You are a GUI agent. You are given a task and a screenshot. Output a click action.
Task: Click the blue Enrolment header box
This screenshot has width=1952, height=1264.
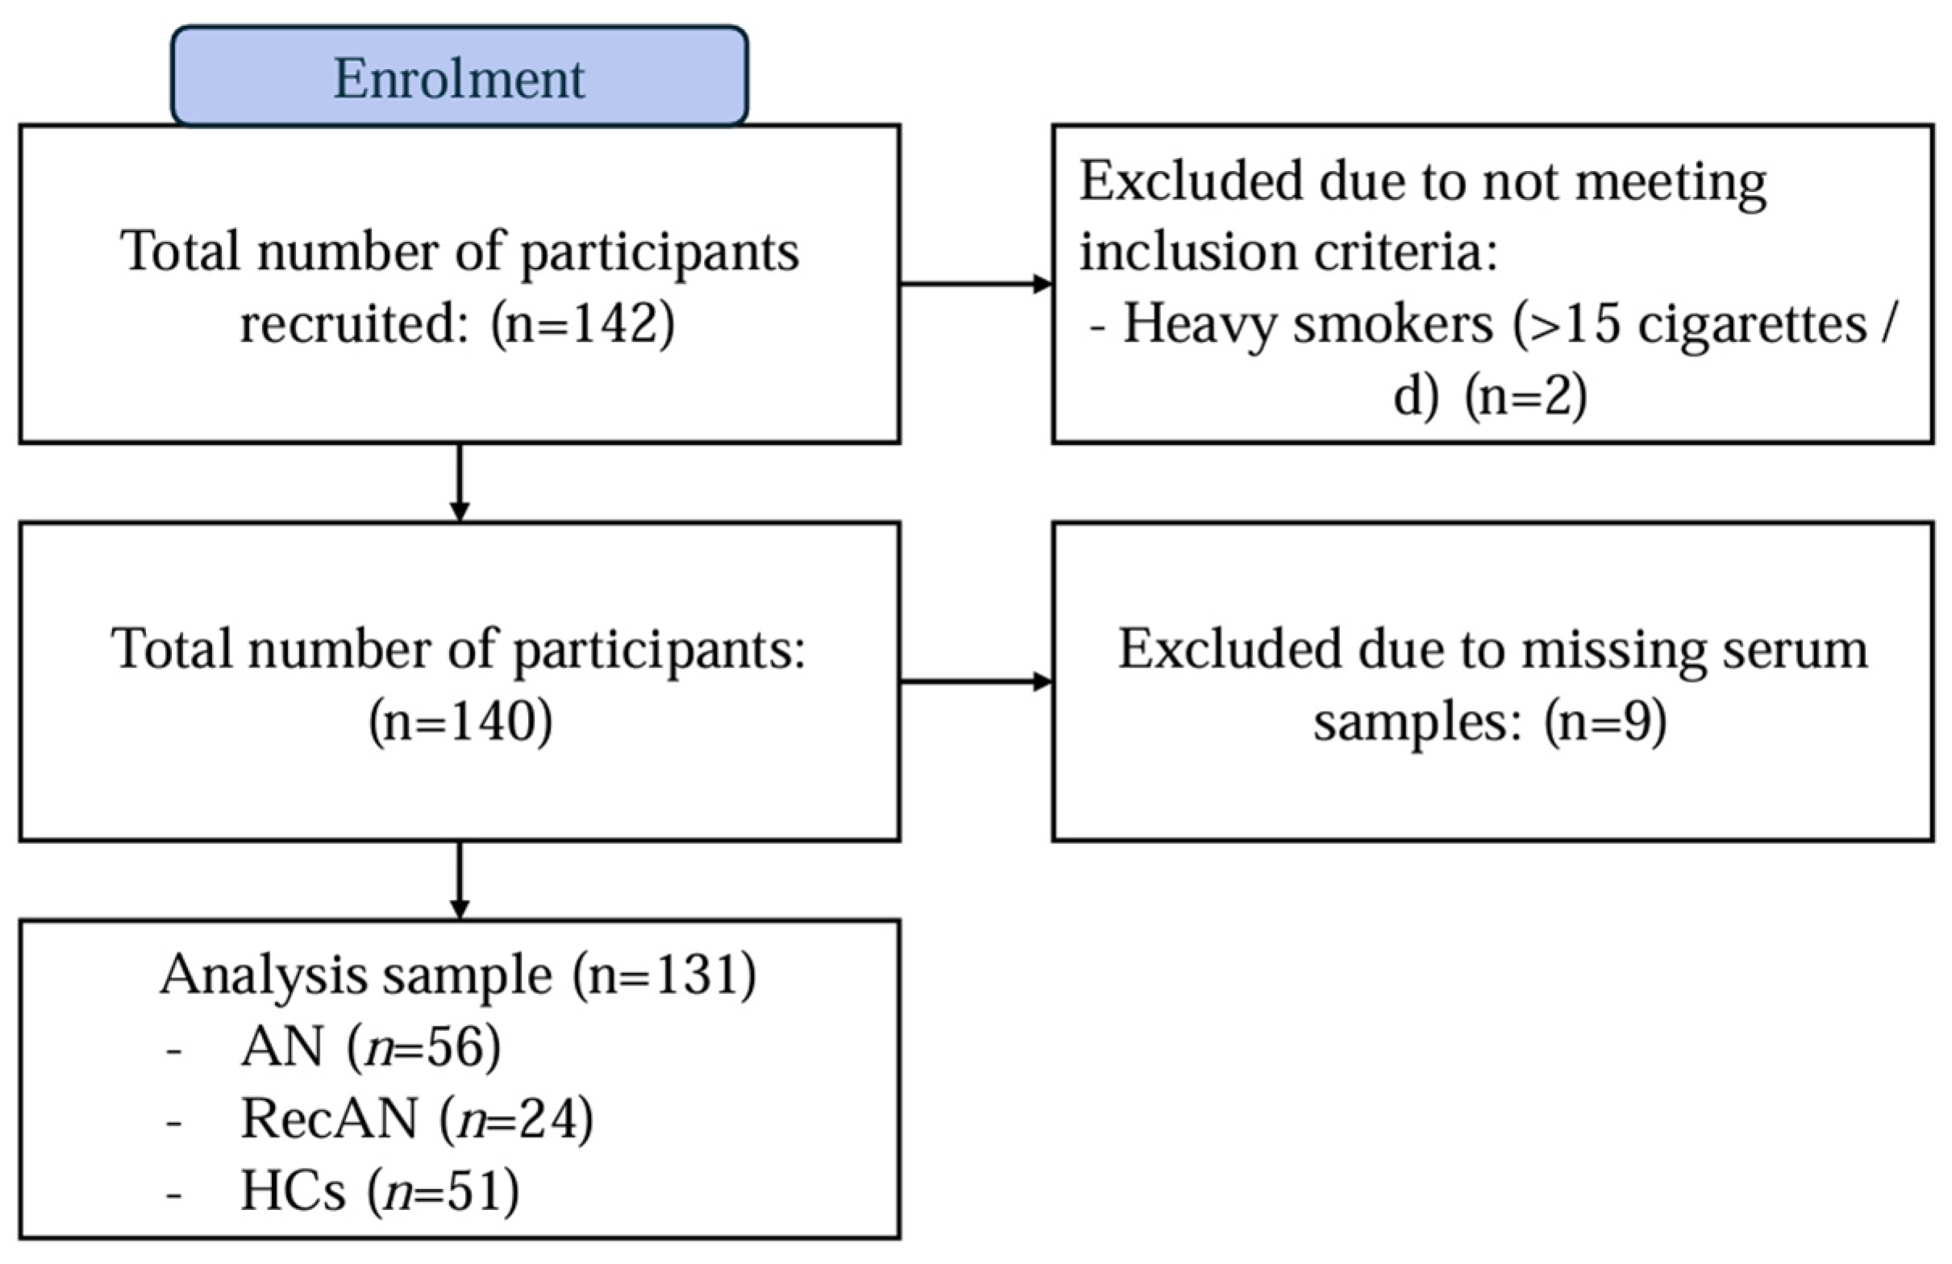pyautogui.click(x=460, y=77)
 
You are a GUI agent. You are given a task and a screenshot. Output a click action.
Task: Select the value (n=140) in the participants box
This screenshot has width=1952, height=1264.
pyautogui.click(x=460, y=721)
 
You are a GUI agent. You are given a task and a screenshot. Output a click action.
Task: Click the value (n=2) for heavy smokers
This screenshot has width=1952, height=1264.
pyautogui.click(x=1526, y=396)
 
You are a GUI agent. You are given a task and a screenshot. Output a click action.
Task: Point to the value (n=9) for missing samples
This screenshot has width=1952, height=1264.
pyautogui.click(x=1605, y=721)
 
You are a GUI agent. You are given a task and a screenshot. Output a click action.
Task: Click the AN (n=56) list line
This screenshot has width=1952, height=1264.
pyautogui.click(x=370, y=1047)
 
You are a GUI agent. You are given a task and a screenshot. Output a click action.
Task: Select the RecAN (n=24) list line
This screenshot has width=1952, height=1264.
pyautogui.click(x=417, y=1119)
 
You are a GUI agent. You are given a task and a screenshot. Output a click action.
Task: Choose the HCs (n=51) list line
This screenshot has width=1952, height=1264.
pyautogui.click(x=380, y=1191)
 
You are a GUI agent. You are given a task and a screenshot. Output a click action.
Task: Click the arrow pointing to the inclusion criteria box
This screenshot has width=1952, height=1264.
pyautogui.click(x=976, y=285)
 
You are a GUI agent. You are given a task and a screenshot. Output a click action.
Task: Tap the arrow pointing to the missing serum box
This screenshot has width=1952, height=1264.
pyautogui.click(x=976, y=682)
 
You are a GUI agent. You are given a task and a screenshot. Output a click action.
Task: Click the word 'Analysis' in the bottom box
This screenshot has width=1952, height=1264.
pyautogui.click(x=264, y=976)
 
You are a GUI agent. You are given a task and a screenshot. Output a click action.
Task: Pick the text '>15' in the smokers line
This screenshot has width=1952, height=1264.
pyautogui.click(x=1567, y=323)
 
